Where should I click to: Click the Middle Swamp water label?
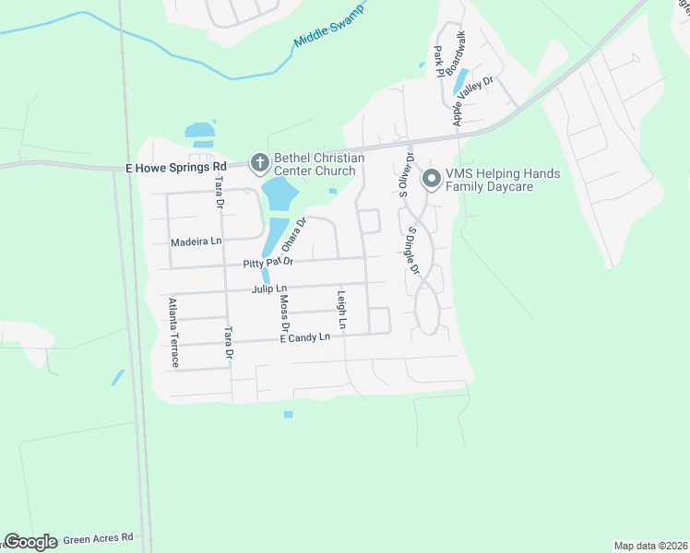click(x=328, y=29)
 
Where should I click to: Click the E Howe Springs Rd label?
click(x=176, y=167)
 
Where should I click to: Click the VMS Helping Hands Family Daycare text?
click(x=503, y=180)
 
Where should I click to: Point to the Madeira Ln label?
click(x=196, y=241)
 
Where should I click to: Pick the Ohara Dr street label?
click(x=293, y=235)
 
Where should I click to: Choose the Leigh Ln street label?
click(x=341, y=311)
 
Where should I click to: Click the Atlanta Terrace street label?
click(x=172, y=331)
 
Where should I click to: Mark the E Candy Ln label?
click(x=304, y=338)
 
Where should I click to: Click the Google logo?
click(x=30, y=542)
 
